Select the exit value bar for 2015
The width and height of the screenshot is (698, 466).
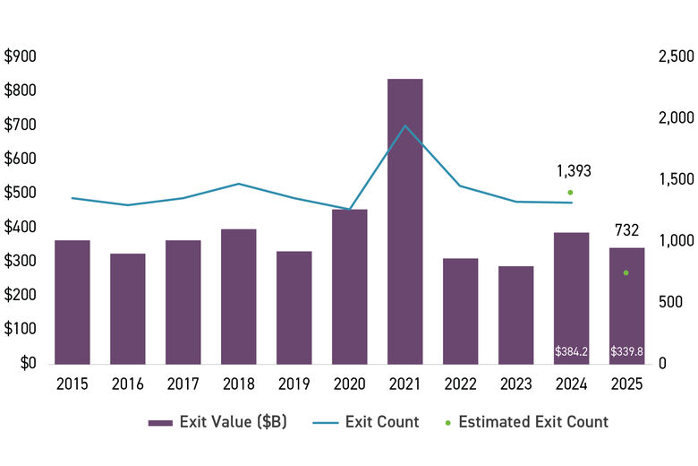click(x=72, y=301)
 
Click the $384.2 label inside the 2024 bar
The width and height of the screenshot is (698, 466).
click(x=571, y=352)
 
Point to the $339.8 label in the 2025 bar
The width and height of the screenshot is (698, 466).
click(x=626, y=352)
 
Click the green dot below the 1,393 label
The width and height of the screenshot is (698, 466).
click(x=570, y=192)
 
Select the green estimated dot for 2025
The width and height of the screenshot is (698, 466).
click(x=626, y=272)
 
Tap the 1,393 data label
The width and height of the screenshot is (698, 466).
click(x=574, y=171)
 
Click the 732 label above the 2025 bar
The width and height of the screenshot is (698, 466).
click(x=626, y=230)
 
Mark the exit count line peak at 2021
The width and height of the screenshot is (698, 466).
click(x=404, y=125)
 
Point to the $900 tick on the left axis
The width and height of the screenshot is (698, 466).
click(x=21, y=56)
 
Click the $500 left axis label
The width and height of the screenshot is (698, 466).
click(x=21, y=193)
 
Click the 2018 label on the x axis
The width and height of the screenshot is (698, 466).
click(x=238, y=385)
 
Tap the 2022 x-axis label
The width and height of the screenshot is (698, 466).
click(x=460, y=385)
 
